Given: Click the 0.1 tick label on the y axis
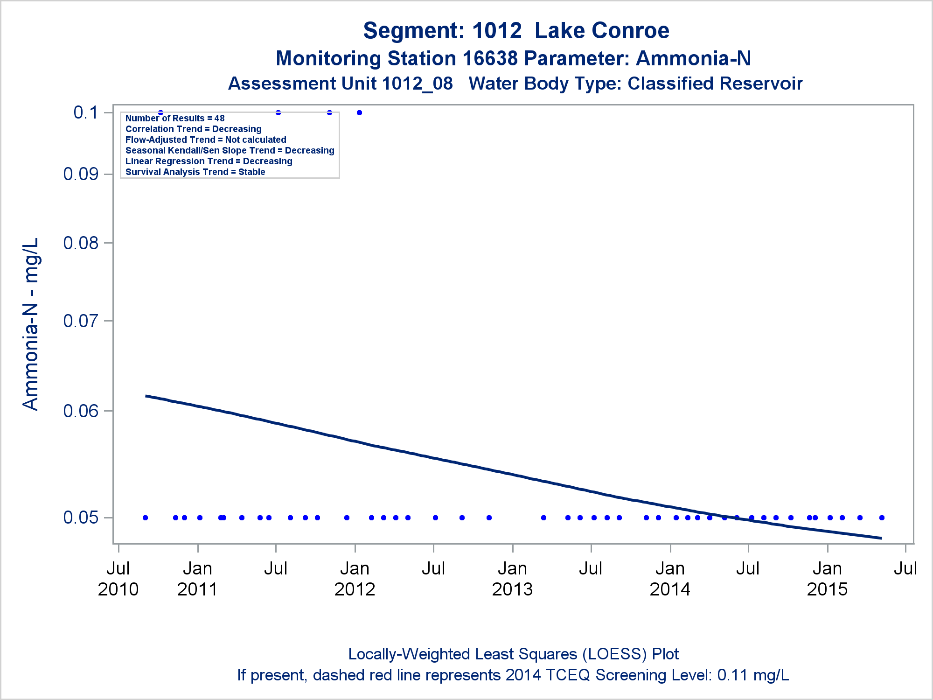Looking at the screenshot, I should tap(86, 112).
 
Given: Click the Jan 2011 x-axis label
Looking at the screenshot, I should tap(197, 579).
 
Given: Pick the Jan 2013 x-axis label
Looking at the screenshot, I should tap(512, 579).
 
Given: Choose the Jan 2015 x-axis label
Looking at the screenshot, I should tap(827, 579).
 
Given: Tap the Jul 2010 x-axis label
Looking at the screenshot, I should tap(118, 579).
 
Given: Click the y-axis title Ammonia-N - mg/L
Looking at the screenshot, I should tap(31, 324).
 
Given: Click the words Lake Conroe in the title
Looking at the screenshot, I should tap(602, 31).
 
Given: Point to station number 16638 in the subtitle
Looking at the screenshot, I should tap(490, 58).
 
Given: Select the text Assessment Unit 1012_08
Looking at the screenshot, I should tap(340, 84).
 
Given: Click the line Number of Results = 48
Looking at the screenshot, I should tap(175, 119).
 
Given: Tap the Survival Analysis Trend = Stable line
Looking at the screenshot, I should tap(195, 172).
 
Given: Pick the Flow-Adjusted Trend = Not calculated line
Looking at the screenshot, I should tap(206, 140).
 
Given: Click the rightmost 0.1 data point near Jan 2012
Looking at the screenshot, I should tap(359, 112).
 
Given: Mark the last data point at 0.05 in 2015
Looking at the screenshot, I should tap(882, 518).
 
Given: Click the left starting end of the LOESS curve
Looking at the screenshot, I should tap(146, 396).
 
